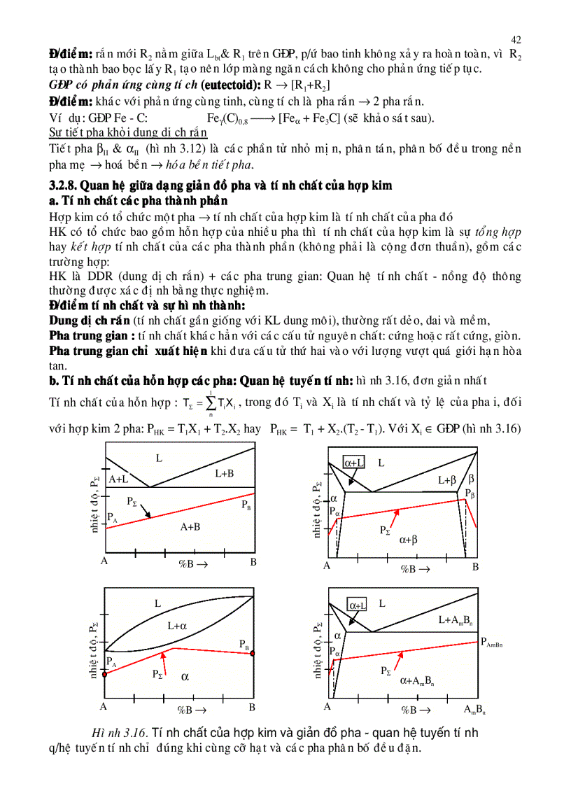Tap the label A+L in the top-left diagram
point(118,479)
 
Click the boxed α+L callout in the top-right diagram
point(353,462)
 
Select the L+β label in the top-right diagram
point(447,480)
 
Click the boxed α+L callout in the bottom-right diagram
point(357,605)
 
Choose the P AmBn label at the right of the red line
point(493,644)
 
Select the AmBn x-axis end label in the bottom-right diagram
point(475,710)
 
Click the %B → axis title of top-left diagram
point(191,563)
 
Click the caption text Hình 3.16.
point(120,732)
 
